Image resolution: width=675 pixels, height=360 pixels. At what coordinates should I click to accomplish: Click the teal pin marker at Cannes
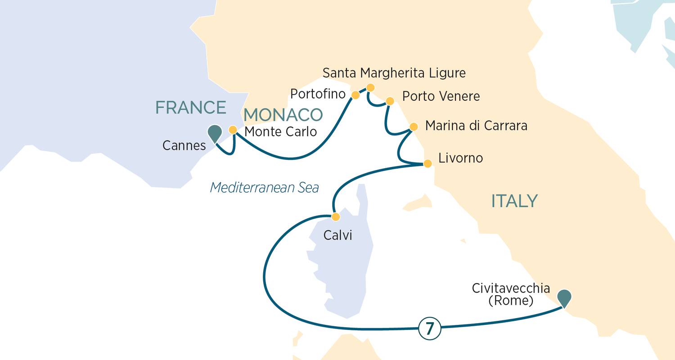pos(215,132)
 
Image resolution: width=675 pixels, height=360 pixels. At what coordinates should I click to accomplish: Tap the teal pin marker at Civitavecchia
pos(564,297)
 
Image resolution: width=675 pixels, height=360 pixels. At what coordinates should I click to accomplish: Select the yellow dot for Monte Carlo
pos(233,130)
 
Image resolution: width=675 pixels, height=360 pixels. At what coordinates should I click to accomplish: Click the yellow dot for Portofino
pos(355,95)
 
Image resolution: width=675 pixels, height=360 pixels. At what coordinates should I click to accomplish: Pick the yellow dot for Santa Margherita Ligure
pos(370,87)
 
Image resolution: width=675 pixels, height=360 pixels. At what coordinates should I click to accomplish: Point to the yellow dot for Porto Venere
pos(390,101)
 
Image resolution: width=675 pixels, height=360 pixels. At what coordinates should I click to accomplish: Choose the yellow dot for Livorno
pos(428,163)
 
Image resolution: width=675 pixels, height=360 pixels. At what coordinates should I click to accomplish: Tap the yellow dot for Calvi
pos(335,217)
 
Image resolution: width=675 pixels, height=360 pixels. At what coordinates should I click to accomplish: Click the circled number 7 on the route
pos(429,329)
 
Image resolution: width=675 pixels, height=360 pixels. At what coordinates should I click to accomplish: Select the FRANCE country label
pos(190,108)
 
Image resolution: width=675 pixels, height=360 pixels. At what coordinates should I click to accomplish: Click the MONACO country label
pos(283,115)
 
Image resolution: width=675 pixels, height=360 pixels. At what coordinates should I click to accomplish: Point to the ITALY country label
pos(514,201)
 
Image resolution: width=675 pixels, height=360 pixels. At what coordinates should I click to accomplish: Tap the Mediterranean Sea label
pos(264,187)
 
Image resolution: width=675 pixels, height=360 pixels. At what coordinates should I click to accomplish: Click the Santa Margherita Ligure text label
pos(394,73)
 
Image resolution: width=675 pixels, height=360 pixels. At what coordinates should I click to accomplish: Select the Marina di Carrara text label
pos(476,126)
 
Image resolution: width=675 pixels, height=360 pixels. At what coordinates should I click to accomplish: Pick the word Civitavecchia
pos(511,288)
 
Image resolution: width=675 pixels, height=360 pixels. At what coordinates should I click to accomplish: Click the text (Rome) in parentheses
pos(511,300)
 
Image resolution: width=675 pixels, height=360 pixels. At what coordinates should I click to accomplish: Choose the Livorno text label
pos(460,158)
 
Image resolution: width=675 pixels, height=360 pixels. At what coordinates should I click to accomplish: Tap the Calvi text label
pos(337,235)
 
